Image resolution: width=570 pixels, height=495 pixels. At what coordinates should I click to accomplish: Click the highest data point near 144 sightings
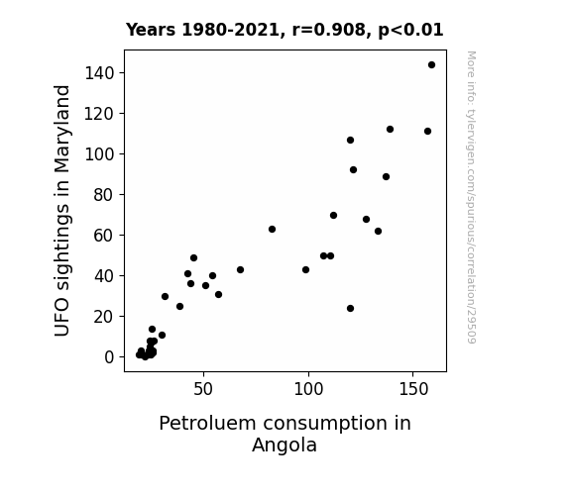click(431, 65)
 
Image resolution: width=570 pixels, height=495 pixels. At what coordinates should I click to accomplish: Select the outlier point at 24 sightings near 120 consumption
click(351, 308)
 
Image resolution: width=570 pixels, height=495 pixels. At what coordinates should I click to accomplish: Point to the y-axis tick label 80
click(104, 195)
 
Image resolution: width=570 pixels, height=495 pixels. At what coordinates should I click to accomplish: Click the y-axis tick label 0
click(109, 357)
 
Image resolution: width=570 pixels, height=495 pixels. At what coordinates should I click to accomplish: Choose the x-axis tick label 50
click(203, 389)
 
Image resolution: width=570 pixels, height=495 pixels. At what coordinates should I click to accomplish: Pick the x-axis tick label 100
click(308, 389)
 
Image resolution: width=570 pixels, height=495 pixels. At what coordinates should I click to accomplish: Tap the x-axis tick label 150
click(413, 389)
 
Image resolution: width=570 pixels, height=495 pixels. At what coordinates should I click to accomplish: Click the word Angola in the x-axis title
click(285, 445)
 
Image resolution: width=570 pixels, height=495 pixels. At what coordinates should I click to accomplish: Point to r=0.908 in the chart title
click(329, 30)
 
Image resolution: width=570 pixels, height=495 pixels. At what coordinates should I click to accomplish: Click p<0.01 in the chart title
click(410, 31)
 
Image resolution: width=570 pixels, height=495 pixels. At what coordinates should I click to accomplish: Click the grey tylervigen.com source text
click(471, 197)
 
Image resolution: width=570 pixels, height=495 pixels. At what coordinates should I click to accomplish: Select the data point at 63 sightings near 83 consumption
click(272, 229)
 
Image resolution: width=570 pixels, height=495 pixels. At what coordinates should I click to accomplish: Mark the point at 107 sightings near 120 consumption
click(351, 141)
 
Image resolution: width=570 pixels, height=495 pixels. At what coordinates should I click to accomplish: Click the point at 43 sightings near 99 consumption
click(305, 270)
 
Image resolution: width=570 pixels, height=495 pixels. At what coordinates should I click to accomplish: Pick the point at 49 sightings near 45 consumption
click(193, 257)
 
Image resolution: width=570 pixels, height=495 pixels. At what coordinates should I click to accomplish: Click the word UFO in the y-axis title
click(61, 318)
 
